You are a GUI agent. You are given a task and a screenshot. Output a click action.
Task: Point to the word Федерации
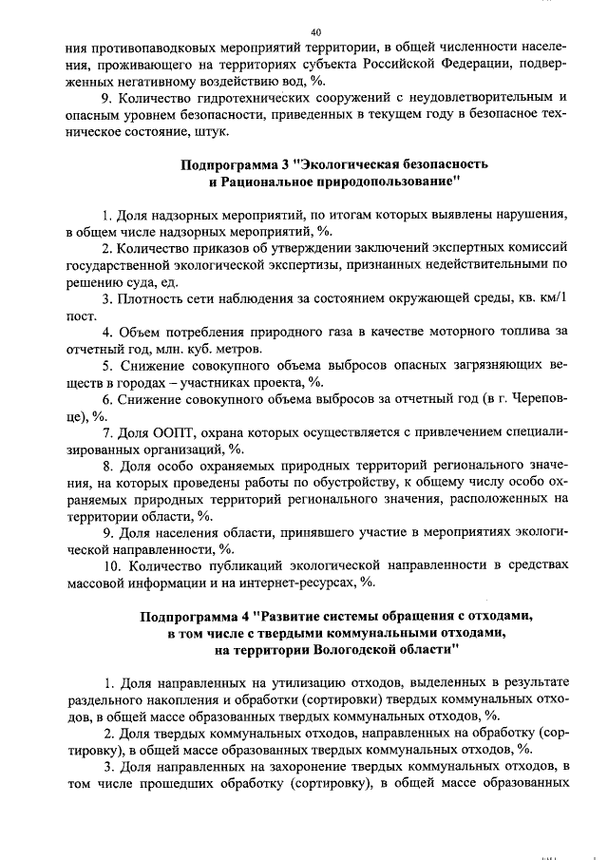pos(433,65)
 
